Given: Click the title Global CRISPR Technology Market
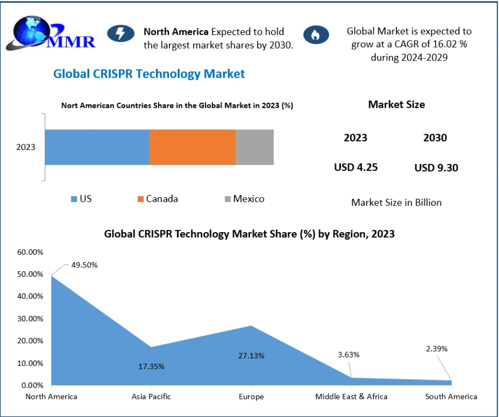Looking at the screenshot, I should pyautogui.click(x=149, y=74).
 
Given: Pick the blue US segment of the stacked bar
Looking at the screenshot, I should pyautogui.click(x=97, y=147).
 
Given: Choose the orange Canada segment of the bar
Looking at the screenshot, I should pyautogui.click(x=192, y=147).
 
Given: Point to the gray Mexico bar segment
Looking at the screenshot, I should pyautogui.click(x=255, y=147).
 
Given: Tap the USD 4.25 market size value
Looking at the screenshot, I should pyautogui.click(x=356, y=167).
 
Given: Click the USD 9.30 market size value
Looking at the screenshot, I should pyautogui.click(x=436, y=167).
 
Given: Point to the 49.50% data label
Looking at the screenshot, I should pyautogui.click(x=84, y=265).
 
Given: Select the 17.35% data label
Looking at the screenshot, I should pyautogui.click(x=151, y=366).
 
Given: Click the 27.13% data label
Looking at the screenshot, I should pyautogui.click(x=251, y=355).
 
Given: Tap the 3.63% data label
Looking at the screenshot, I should pyautogui.click(x=349, y=354).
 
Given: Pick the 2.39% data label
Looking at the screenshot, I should pyautogui.click(x=437, y=349).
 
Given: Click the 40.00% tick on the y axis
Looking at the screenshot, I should pyautogui.click(x=31, y=296).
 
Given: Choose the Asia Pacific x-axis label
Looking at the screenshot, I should pyautogui.click(x=151, y=396).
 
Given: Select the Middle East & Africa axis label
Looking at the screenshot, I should pyautogui.click(x=352, y=396).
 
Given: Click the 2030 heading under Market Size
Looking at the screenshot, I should pyautogui.click(x=435, y=138).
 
